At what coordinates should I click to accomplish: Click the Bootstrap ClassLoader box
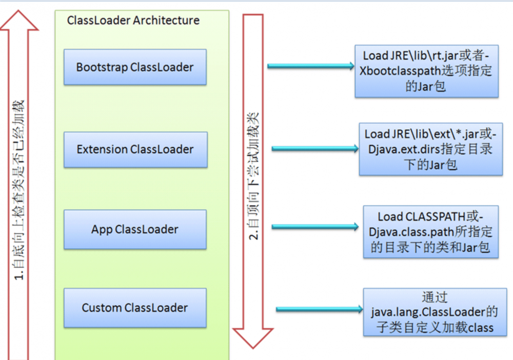pos(135,67)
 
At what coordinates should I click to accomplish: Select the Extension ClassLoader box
pos(135,150)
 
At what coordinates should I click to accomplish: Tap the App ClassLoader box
pos(135,229)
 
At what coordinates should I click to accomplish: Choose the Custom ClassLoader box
pos(135,308)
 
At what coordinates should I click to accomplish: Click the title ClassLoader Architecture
pos(133,21)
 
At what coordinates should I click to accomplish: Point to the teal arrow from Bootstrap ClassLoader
pos(311,66)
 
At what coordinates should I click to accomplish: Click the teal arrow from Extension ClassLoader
pos(314,149)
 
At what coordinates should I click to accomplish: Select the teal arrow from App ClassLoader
pos(314,227)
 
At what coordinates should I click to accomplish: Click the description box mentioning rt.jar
pos(426,71)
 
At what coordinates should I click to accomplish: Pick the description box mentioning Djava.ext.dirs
pos(430,149)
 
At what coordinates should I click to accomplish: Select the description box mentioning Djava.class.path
pos(430,232)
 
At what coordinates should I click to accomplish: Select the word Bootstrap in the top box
pos(101,67)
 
